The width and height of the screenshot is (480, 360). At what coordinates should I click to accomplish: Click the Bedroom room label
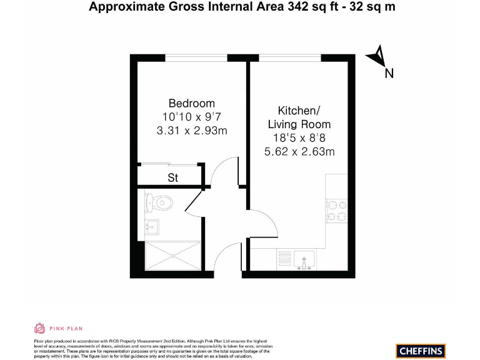[x=191, y=103]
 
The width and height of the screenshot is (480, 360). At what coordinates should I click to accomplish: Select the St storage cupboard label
[x=173, y=178]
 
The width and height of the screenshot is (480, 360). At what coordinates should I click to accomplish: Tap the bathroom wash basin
[x=151, y=226]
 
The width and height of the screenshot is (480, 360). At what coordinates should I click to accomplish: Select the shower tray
[x=172, y=256]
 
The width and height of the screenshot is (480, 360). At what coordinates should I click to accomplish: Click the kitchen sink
[x=304, y=258]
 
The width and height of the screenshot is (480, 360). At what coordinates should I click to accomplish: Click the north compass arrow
[x=376, y=56]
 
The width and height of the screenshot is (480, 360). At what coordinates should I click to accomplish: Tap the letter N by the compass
[x=389, y=74]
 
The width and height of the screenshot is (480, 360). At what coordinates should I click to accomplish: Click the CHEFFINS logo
[x=420, y=351]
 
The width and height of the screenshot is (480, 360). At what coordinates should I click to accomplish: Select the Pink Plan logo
[x=57, y=328]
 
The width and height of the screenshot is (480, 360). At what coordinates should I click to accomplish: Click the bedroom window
[x=196, y=58]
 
